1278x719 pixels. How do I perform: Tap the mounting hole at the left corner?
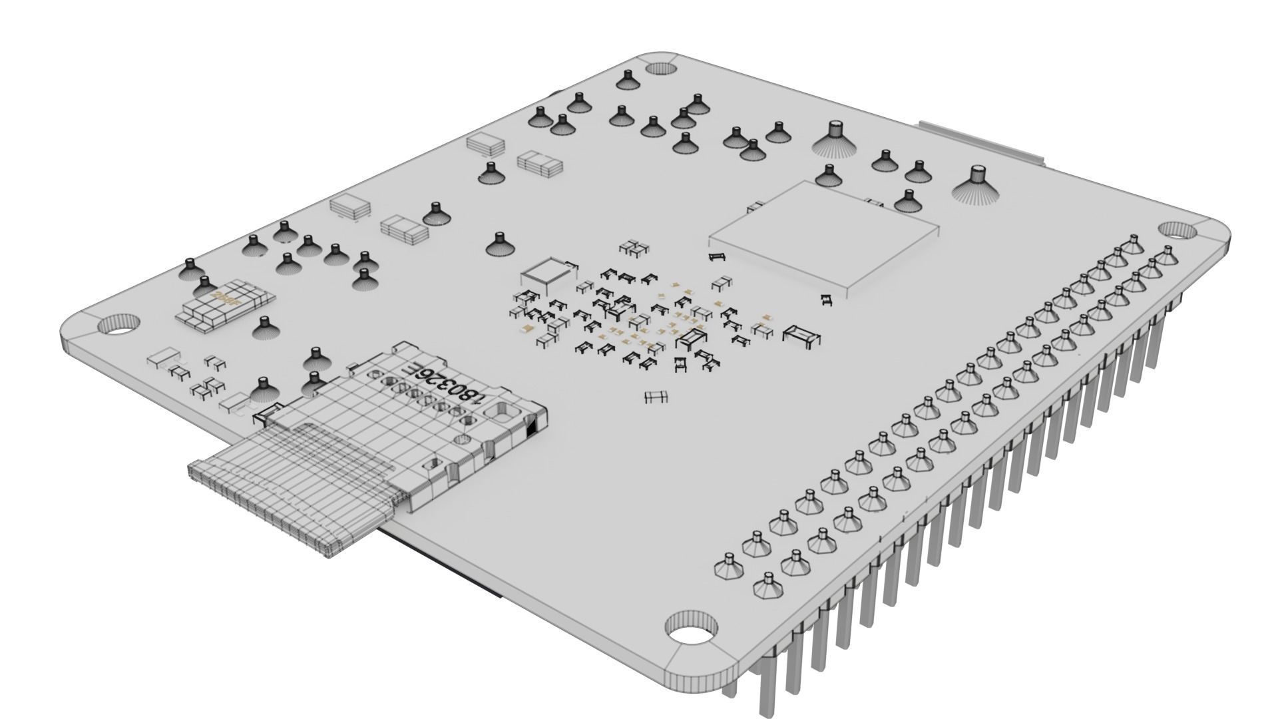(x=118, y=325)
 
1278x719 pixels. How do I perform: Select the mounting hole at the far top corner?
(x=660, y=67)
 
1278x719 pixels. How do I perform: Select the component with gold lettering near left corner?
(x=225, y=304)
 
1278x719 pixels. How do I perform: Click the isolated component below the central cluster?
(x=656, y=397)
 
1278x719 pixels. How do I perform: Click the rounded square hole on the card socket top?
(x=497, y=413)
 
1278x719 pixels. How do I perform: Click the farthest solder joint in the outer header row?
(x=1166, y=254)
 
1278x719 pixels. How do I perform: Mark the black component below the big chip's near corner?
(x=826, y=300)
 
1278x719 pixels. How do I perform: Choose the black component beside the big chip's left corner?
(x=718, y=256)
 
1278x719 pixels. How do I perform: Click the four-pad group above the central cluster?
(x=634, y=248)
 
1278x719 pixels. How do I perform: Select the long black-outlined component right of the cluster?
(x=801, y=336)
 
